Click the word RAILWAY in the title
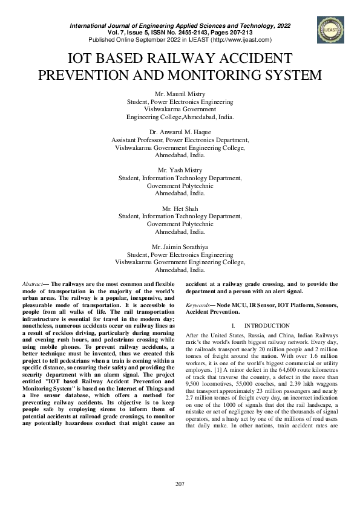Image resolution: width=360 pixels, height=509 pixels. [x=175, y=59]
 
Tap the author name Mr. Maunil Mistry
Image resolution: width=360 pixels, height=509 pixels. [x=180, y=94]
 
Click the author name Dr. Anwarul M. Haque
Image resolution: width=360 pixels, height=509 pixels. [x=180, y=132]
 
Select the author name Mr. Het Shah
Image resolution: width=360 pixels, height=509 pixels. [x=180, y=209]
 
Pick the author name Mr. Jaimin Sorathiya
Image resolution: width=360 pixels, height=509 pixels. [x=180, y=247]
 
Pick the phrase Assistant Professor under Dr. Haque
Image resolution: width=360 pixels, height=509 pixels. [x=137, y=140]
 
